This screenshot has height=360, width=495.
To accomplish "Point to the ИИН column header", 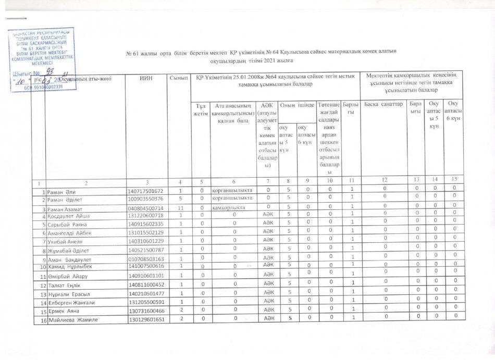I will click(x=145, y=79).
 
